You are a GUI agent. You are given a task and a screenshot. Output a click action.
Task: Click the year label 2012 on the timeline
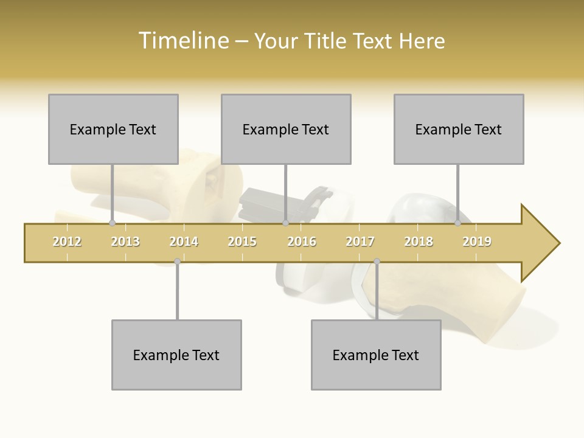click(x=67, y=242)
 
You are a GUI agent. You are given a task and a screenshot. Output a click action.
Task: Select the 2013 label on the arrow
click(x=125, y=242)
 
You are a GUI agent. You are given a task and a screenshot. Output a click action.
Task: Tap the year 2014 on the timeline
click(x=184, y=242)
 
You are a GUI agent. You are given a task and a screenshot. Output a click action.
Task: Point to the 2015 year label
click(x=242, y=242)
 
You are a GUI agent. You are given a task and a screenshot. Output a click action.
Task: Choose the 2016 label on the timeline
click(x=302, y=242)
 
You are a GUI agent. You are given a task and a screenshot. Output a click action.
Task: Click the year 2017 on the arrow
click(x=360, y=242)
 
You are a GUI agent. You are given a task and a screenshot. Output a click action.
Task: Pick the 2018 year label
click(x=419, y=242)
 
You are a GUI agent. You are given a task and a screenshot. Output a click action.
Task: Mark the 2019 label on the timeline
click(x=477, y=242)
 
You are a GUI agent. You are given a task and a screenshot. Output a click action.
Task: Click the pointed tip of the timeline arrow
click(x=558, y=243)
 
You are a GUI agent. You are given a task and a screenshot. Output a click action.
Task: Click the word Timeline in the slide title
click(x=182, y=41)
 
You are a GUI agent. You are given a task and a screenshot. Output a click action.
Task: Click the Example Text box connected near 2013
click(x=113, y=129)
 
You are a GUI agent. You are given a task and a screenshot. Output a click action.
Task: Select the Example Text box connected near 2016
click(x=286, y=129)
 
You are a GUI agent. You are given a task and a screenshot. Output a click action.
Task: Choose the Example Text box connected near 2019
click(x=459, y=129)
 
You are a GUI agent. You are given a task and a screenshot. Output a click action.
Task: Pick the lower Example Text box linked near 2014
click(x=176, y=355)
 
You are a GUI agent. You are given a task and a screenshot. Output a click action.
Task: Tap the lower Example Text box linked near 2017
click(x=376, y=355)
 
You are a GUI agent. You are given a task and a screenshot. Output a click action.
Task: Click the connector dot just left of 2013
click(x=112, y=223)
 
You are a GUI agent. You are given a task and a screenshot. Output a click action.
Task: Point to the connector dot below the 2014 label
click(x=177, y=262)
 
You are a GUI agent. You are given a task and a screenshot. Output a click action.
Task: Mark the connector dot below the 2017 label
click(x=377, y=262)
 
